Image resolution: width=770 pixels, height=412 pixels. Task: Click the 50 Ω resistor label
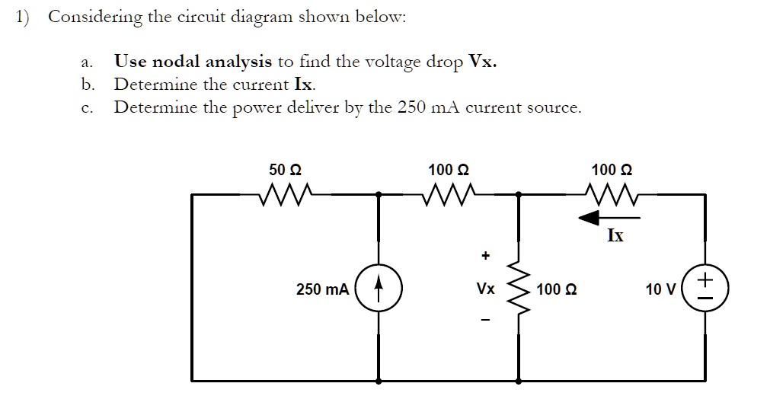click(288, 169)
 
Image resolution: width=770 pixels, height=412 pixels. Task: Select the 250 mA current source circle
click(379, 290)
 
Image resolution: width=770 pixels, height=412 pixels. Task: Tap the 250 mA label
click(323, 290)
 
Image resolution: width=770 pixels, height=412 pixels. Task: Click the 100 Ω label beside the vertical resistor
click(556, 290)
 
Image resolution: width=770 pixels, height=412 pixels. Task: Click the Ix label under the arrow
click(615, 236)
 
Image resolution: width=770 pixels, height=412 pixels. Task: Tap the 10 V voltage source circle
click(705, 290)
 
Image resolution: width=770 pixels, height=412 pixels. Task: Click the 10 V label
click(660, 290)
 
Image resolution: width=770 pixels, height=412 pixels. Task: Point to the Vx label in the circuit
click(485, 290)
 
